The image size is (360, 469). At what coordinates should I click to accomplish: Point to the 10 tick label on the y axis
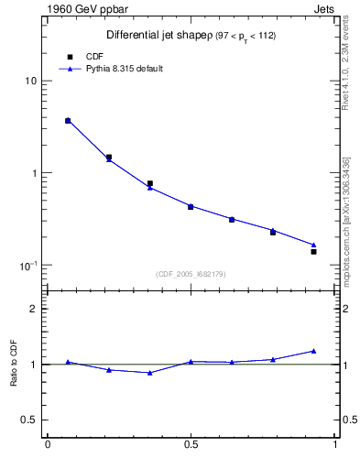pyautogui.click(x=30, y=81)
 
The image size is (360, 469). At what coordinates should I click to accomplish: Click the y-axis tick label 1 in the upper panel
pyautogui.click(x=33, y=173)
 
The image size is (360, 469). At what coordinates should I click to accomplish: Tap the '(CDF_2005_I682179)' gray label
pyautogui.click(x=191, y=274)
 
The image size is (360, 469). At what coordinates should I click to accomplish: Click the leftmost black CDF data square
pyautogui.click(x=68, y=120)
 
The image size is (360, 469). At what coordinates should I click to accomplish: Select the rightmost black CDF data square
pyautogui.click(x=313, y=251)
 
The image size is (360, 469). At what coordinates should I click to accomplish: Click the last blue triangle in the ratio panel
pyautogui.click(x=313, y=351)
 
